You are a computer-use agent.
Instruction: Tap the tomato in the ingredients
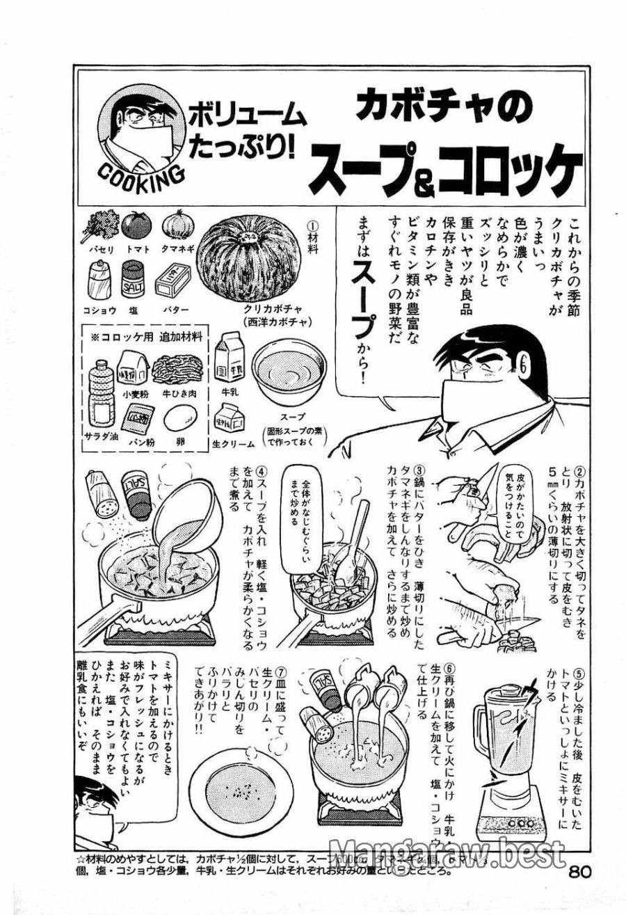pos(136,225)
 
